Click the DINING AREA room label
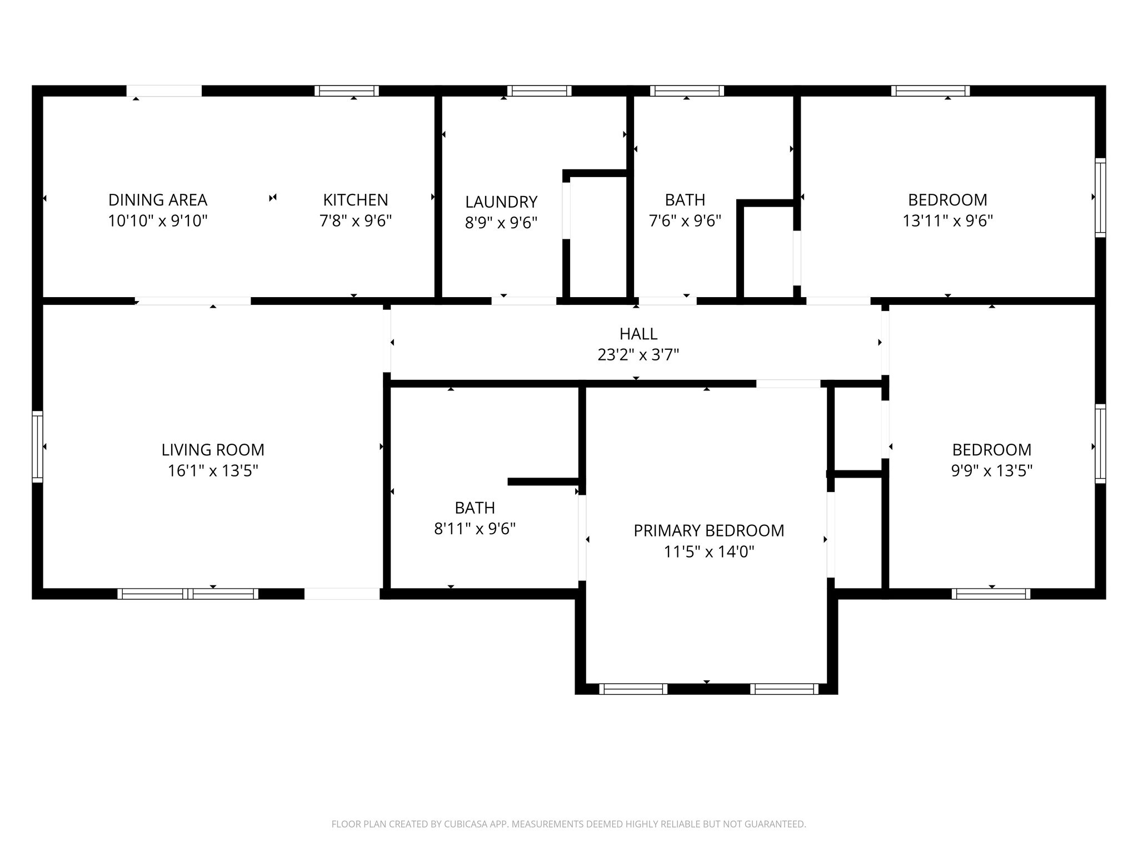click(158, 200)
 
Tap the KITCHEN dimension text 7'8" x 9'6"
click(356, 221)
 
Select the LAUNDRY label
click(501, 202)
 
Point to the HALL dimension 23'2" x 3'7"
click(638, 354)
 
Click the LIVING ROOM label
click(213, 450)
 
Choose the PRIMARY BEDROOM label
click(709, 531)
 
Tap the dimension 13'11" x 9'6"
click(947, 221)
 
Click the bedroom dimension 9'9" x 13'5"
click(992, 471)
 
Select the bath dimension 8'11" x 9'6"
click(475, 529)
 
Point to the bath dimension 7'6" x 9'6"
click(685, 221)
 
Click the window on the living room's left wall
click(37, 446)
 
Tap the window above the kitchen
click(347, 91)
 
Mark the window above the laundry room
click(539, 91)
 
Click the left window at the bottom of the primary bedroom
click(633, 689)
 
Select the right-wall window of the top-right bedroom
click(1100, 198)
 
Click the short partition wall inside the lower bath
click(543, 481)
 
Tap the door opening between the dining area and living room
click(193, 301)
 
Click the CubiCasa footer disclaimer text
click(568, 824)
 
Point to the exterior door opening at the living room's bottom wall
click(342, 594)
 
